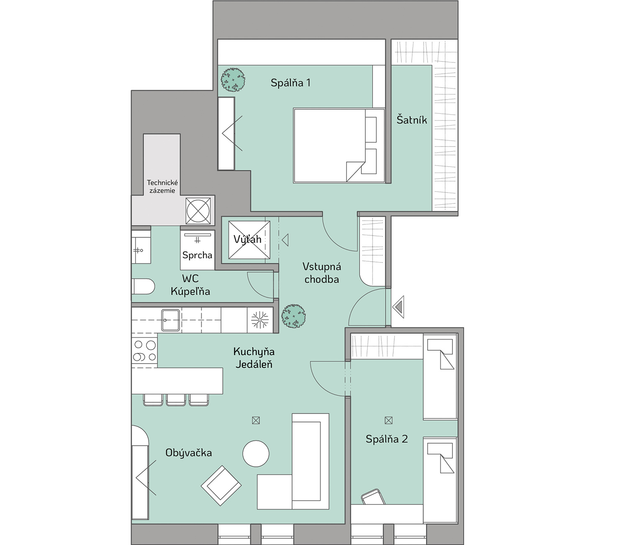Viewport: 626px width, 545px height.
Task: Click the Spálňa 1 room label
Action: [290, 82]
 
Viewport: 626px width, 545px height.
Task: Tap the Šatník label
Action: [411, 120]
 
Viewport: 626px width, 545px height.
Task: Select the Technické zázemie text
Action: [162, 187]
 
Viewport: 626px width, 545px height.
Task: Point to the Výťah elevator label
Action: [247, 239]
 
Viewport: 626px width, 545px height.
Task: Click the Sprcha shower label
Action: [198, 255]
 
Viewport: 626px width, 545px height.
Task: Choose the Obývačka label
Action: [188, 452]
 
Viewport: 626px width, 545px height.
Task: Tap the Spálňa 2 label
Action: [387, 439]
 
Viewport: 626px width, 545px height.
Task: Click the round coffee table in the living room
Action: [256, 453]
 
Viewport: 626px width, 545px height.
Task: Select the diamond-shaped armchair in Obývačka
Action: [221, 486]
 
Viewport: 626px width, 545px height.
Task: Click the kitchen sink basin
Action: [170, 320]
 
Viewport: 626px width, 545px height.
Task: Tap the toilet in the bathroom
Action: [143, 286]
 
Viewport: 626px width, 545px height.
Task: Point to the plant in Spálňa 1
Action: [233, 80]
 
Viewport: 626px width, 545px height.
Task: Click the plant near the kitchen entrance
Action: [293, 316]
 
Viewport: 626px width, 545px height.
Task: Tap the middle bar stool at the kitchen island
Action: [176, 400]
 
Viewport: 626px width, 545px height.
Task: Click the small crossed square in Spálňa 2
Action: [389, 420]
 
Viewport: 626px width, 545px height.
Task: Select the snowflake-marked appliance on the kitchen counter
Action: [260, 320]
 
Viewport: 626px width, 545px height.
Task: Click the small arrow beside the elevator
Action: [285, 240]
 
